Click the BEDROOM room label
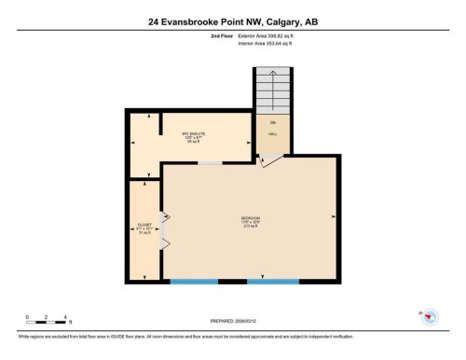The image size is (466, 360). point(250,220)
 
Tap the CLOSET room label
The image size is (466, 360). point(144,228)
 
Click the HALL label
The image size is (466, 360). point(273,134)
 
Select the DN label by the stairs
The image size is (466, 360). point(273,122)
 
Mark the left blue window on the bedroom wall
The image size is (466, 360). point(193,281)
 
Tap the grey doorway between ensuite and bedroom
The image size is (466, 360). point(211,163)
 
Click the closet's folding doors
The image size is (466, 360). point(165,229)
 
